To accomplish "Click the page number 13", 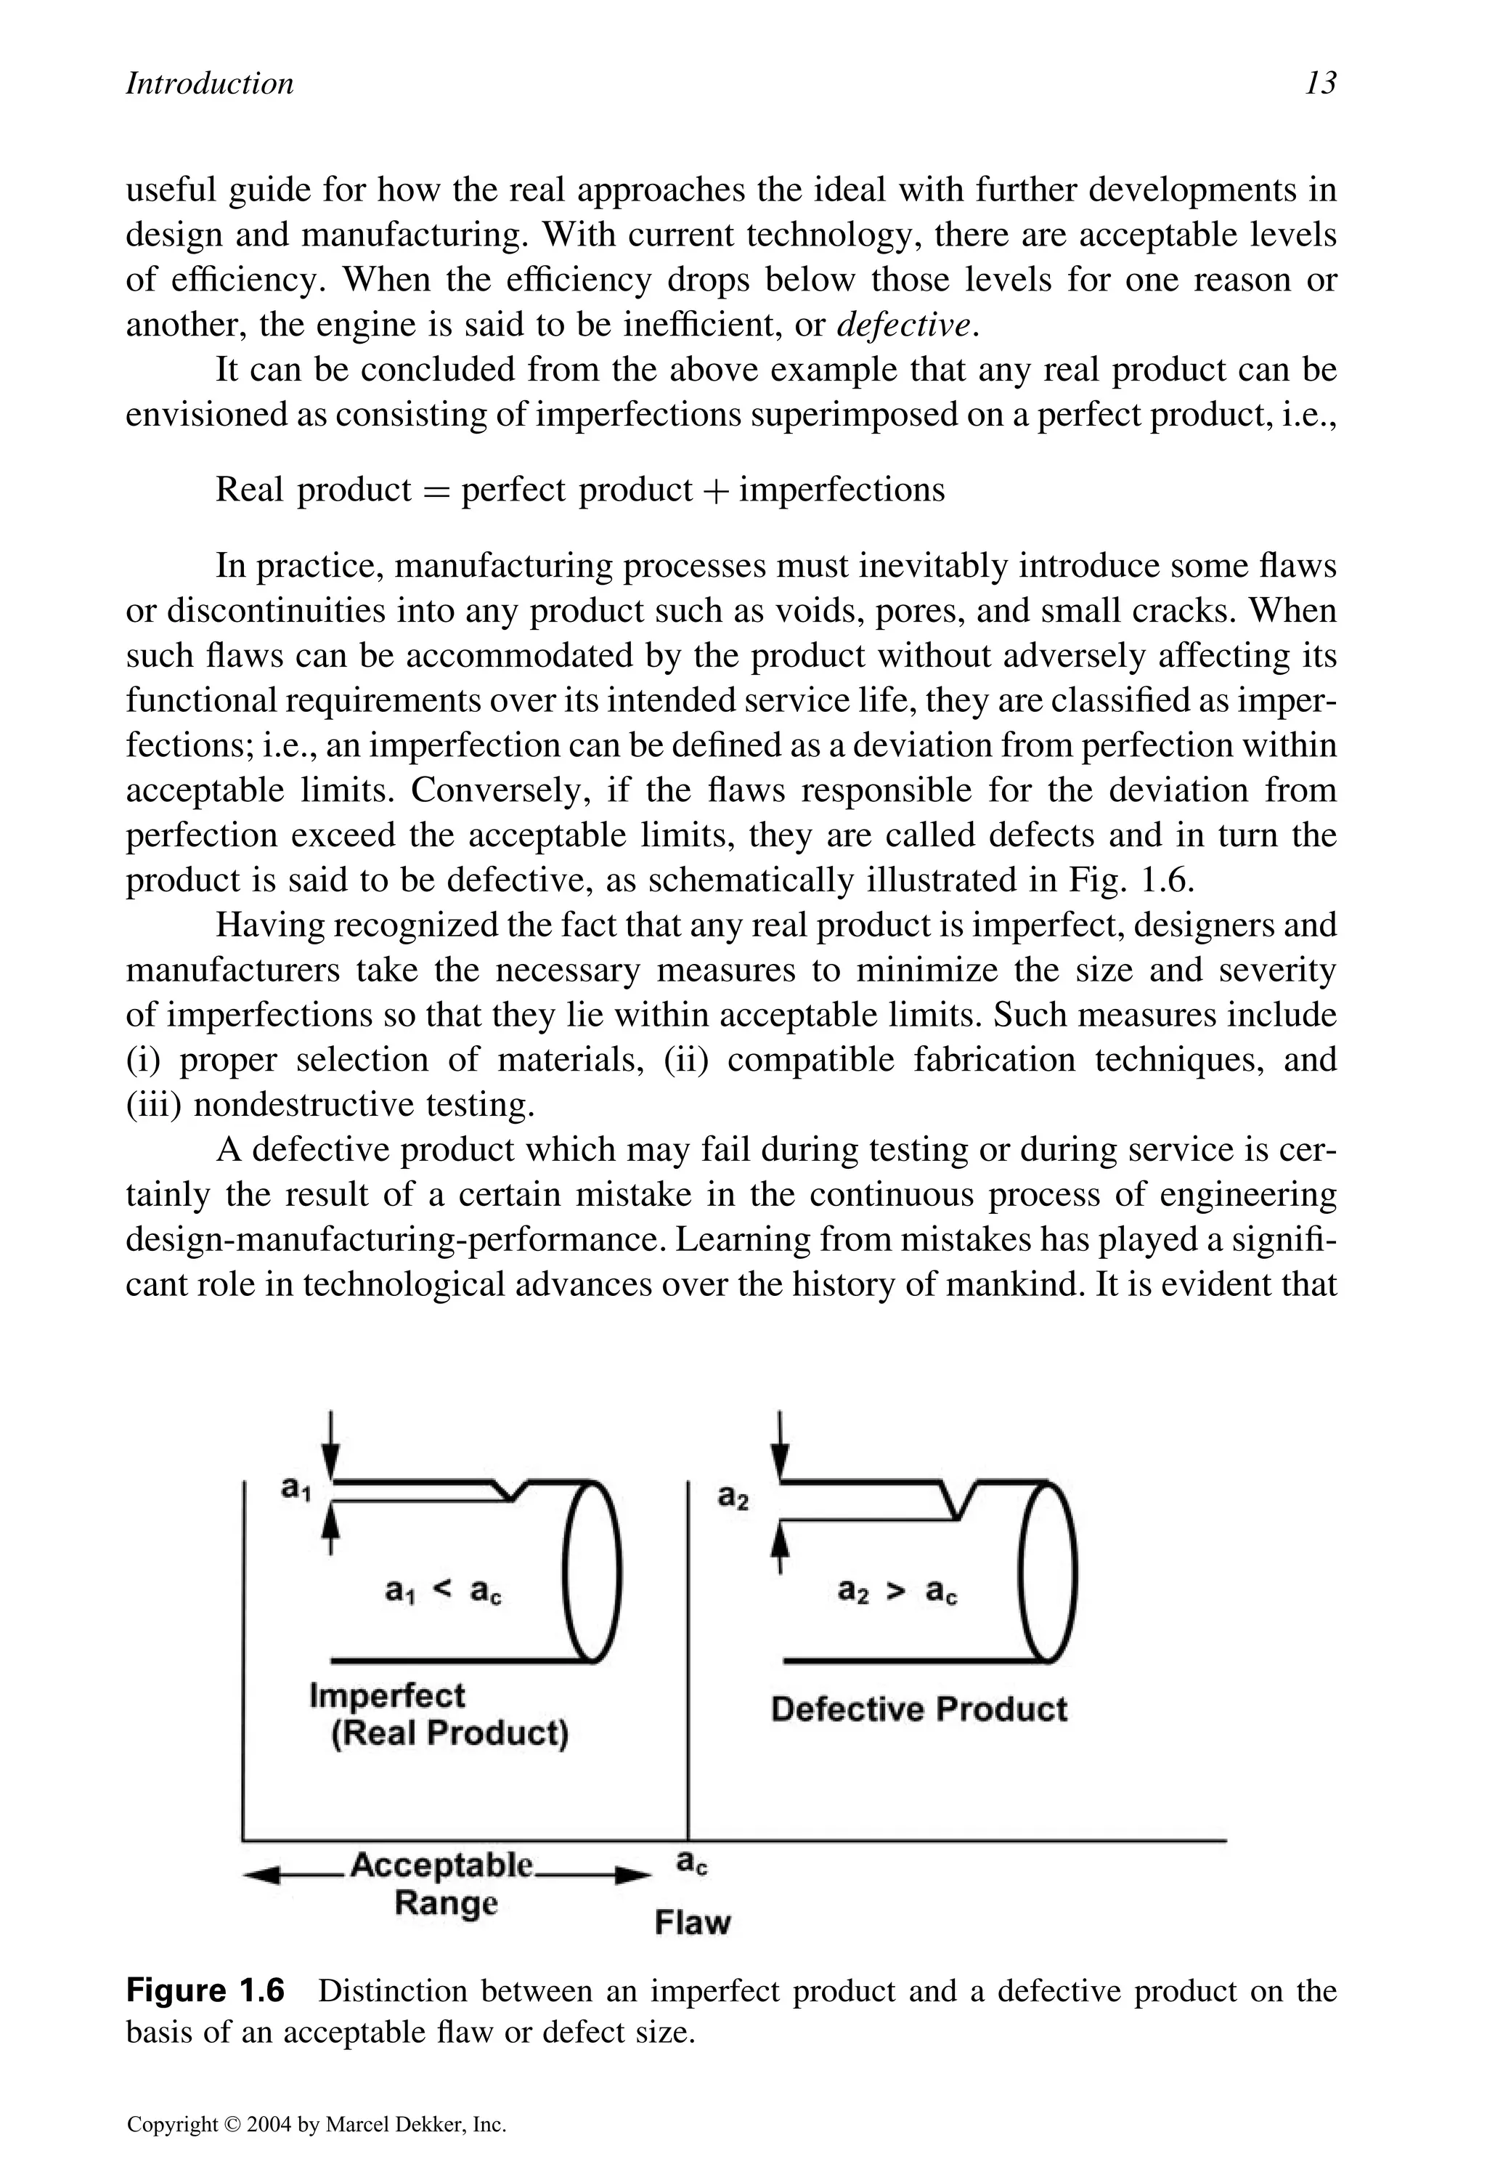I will click(x=1320, y=84).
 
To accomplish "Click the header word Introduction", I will click(x=210, y=84).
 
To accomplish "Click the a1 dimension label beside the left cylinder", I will click(x=296, y=1489).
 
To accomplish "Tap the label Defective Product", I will click(x=918, y=1709).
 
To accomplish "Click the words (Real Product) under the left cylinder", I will click(x=450, y=1733).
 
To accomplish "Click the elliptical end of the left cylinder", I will click(x=592, y=1571).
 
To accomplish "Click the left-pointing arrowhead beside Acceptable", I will click(x=261, y=1876).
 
